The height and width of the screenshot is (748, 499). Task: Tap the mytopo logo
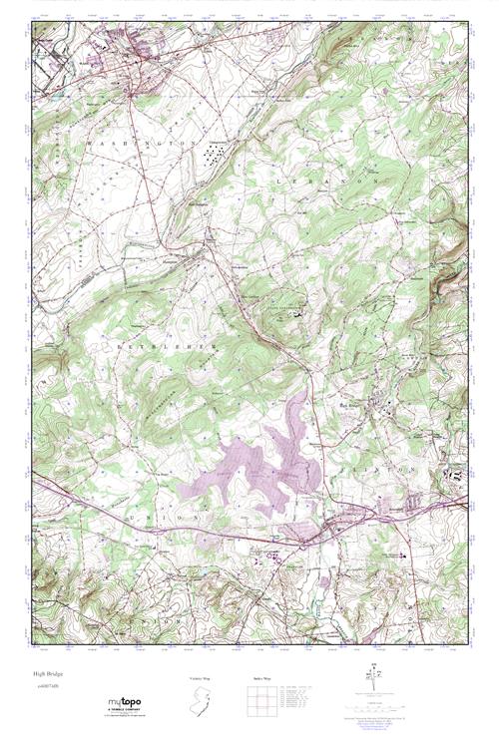click(126, 703)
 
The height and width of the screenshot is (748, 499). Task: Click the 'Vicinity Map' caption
click(200, 677)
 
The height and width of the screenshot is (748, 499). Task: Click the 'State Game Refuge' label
click(288, 309)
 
